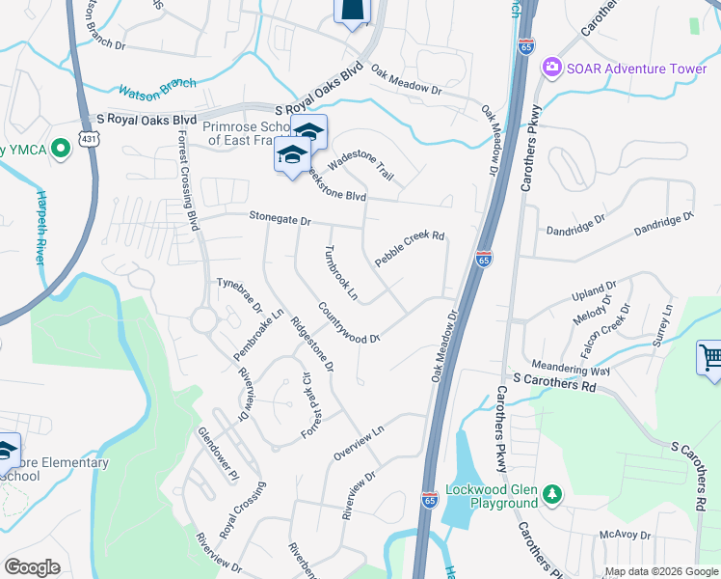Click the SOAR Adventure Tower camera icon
552,69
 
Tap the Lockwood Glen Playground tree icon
551,494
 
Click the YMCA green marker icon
61,148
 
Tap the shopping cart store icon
709,359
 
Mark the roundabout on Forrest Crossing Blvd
203,318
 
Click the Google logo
32,567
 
